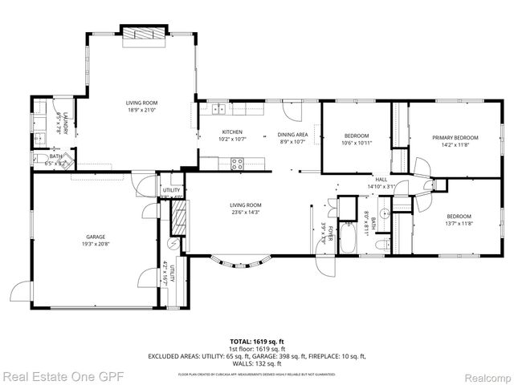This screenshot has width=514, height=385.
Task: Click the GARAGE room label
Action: [x=96, y=237]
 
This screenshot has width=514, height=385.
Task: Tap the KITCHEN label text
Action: [x=232, y=132]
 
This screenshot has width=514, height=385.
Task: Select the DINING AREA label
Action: [x=292, y=134]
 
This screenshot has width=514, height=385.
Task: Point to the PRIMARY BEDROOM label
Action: [x=455, y=137]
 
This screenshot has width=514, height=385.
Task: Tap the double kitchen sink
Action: [x=217, y=107]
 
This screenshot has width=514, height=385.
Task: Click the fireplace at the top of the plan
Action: [x=144, y=34]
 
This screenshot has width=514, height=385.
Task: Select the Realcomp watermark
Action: [x=484, y=375]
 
